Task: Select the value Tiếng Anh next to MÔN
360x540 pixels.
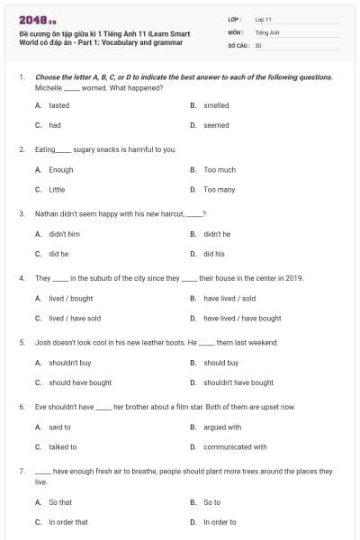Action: click(x=267, y=31)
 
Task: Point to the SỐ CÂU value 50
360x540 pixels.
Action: click(x=258, y=44)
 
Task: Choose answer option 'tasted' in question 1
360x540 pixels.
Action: click(x=58, y=105)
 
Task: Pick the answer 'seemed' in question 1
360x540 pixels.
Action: click(x=216, y=125)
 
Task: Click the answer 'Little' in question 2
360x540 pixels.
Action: click(x=57, y=190)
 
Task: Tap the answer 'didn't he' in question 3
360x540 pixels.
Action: click(x=217, y=233)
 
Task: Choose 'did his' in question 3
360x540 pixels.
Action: click(x=214, y=254)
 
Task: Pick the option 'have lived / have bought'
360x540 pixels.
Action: click(x=242, y=318)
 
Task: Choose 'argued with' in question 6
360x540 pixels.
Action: click(x=222, y=427)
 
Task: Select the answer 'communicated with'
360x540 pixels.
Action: click(x=235, y=446)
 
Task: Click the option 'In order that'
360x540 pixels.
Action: click(x=68, y=522)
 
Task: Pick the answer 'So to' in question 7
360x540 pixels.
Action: click(x=211, y=502)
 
